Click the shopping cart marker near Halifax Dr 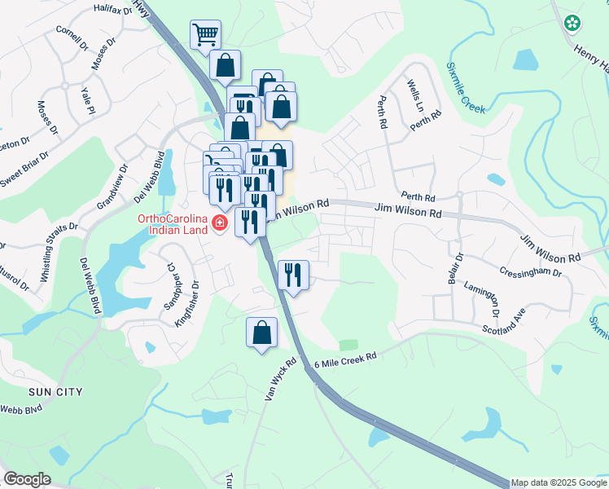click(205, 35)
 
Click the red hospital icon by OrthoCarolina click(219, 222)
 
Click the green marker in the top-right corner click(574, 23)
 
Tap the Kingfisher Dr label click(186, 304)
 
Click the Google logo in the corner click(27, 479)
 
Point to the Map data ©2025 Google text click(559, 482)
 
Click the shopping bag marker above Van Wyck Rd click(261, 333)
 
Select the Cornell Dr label click(72, 37)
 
